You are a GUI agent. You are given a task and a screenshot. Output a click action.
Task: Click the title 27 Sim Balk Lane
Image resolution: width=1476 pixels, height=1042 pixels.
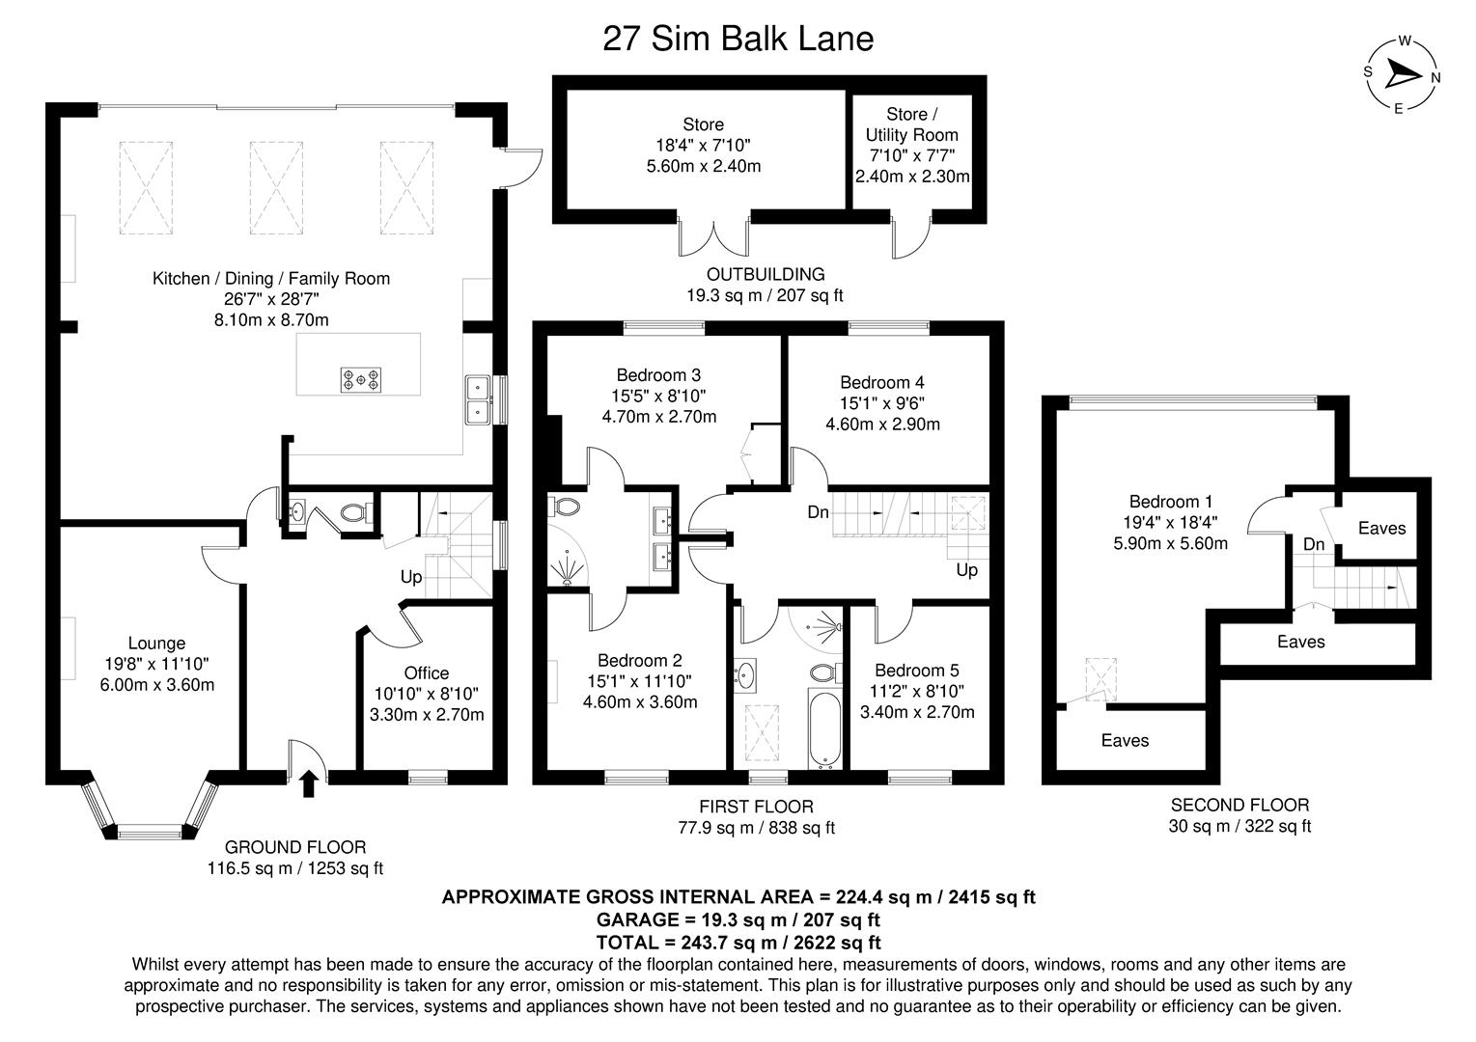[738, 39]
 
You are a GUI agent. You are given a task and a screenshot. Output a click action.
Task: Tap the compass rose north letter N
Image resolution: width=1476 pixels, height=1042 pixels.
[1435, 78]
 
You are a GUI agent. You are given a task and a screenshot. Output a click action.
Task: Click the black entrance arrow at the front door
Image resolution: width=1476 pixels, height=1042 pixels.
[309, 782]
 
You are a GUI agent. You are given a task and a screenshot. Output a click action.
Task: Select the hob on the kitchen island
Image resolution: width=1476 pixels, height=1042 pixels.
[361, 379]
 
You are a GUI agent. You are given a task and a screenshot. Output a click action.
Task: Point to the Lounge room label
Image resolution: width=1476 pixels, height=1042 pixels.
[156, 644]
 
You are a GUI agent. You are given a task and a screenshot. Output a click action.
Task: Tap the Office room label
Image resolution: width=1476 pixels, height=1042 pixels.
[427, 672]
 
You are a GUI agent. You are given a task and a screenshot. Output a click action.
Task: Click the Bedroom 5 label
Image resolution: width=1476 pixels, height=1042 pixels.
[916, 671]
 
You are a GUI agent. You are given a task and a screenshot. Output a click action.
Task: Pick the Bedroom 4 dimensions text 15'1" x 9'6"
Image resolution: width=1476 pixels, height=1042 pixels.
[882, 403]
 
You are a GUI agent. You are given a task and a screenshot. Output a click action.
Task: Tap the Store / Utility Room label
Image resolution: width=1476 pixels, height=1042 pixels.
[911, 125]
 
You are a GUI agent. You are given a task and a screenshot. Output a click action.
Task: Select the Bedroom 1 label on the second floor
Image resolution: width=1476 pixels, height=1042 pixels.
[1171, 502]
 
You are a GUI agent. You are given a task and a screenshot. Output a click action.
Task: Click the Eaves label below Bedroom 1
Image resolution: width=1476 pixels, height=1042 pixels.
[1125, 740]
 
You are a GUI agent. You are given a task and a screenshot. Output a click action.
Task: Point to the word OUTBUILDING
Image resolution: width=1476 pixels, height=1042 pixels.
[765, 275]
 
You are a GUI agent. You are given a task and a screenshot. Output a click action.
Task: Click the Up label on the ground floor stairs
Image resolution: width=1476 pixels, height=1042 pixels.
[411, 577]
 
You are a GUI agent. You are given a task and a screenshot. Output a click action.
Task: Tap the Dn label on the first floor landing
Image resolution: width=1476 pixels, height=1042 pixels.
[818, 512]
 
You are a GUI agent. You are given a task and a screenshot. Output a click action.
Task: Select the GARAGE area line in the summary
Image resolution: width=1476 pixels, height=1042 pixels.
[738, 919]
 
